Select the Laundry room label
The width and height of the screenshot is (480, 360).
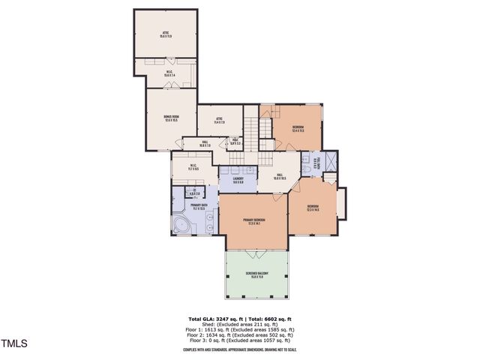pyautogui.click(x=237, y=180)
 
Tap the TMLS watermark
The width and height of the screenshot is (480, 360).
pyautogui.click(x=14, y=344)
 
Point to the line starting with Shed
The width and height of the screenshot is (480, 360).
pyautogui.click(x=240, y=325)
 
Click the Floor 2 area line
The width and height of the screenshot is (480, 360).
pyautogui.click(x=240, y=334)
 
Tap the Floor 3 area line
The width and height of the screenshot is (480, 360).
pyautogui.click(x=240, y=340)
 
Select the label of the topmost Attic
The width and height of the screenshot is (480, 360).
pyautogui.click(x=166, y=34)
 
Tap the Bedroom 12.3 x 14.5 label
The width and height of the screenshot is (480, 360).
pyautogui.click(x=313, y=208)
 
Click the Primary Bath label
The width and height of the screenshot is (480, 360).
pyautogui.click(x=199, y=206)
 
